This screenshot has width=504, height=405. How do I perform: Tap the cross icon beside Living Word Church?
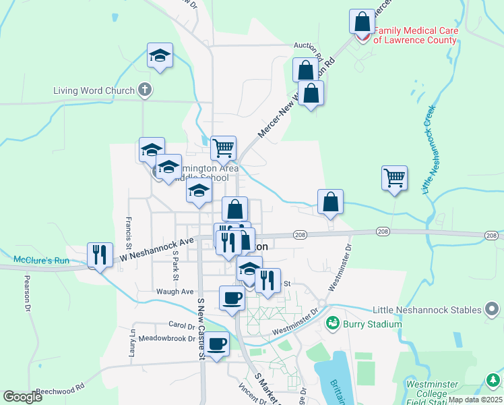[x=144, y=90]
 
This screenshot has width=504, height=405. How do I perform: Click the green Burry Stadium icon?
[x=332, y=324]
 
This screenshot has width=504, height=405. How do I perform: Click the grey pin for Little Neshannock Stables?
[x=493, y=310]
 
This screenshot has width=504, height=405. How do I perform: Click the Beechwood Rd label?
[x=60, y=389]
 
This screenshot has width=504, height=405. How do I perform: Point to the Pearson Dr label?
[x=28, y=293]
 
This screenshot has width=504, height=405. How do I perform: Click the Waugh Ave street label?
[x=175, y=292]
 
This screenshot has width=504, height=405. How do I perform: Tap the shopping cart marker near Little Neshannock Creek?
[x=395, y=179]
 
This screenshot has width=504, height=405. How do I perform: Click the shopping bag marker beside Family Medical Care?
[x=363, y=22]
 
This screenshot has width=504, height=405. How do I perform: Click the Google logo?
[x=22, y=397]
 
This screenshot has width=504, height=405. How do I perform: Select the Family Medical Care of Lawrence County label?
[x=415, y=35]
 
